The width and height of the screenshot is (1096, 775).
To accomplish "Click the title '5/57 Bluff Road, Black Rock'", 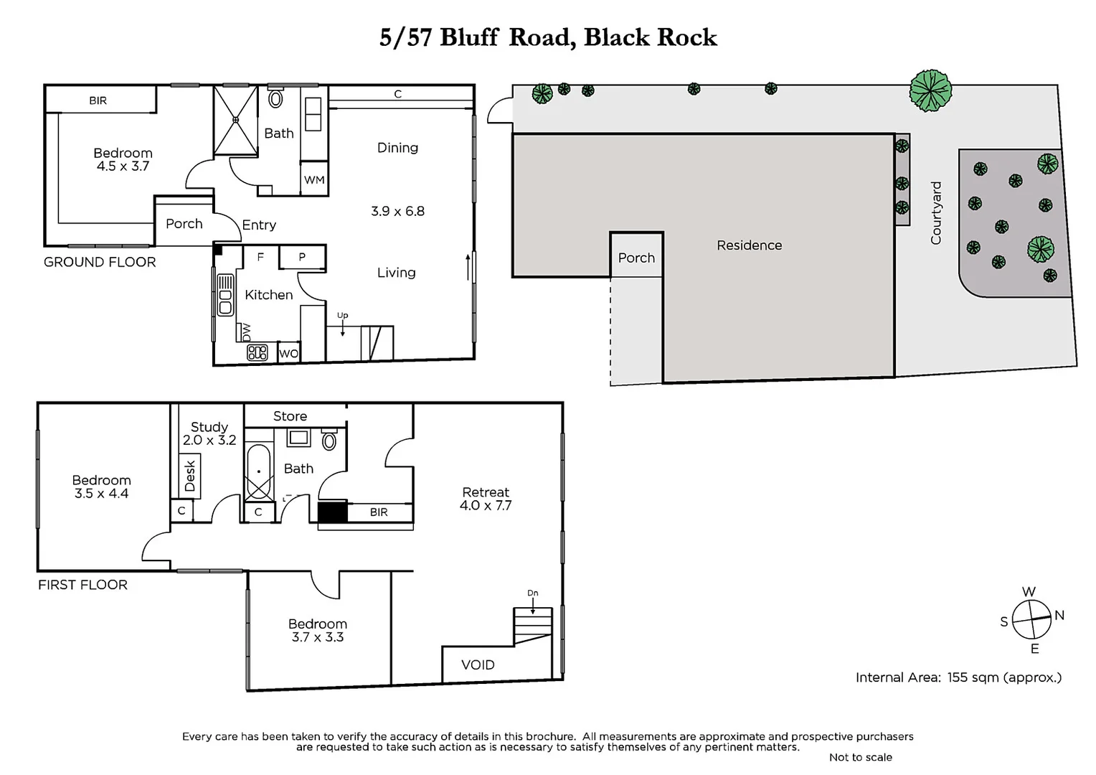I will [548, 37].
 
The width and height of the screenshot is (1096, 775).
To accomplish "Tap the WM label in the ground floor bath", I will [314, 180].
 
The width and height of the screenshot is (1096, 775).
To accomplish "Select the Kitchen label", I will [268, 295].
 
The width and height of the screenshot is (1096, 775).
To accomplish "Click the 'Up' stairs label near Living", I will [343, 316].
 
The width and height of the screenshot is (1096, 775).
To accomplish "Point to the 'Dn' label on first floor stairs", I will [532, 593].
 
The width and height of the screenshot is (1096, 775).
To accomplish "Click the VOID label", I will [478, 665].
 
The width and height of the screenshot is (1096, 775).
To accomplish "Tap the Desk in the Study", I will [190, 476].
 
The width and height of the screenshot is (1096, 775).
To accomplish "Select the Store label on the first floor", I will [290, 416].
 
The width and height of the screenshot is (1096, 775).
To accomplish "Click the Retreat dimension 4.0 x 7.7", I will [486, 506].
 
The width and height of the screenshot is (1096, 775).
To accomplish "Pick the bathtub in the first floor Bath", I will [258, 472].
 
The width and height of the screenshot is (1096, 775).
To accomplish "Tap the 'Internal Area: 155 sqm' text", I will [958, 677].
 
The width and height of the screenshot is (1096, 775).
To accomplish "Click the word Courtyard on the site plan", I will [936, 213].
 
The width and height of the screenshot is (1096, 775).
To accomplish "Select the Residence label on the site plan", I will [749, 245].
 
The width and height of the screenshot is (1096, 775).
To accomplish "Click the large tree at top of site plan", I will [930, 90].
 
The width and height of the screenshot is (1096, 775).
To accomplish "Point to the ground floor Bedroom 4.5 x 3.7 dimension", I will [123, 166].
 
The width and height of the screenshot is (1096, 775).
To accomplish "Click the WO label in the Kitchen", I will [288, 354].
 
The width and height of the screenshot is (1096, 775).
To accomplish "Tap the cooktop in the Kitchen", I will [257, 352].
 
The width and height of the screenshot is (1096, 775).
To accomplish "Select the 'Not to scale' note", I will [860, 757].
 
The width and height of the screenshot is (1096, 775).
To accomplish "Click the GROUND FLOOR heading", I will [100, 263].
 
